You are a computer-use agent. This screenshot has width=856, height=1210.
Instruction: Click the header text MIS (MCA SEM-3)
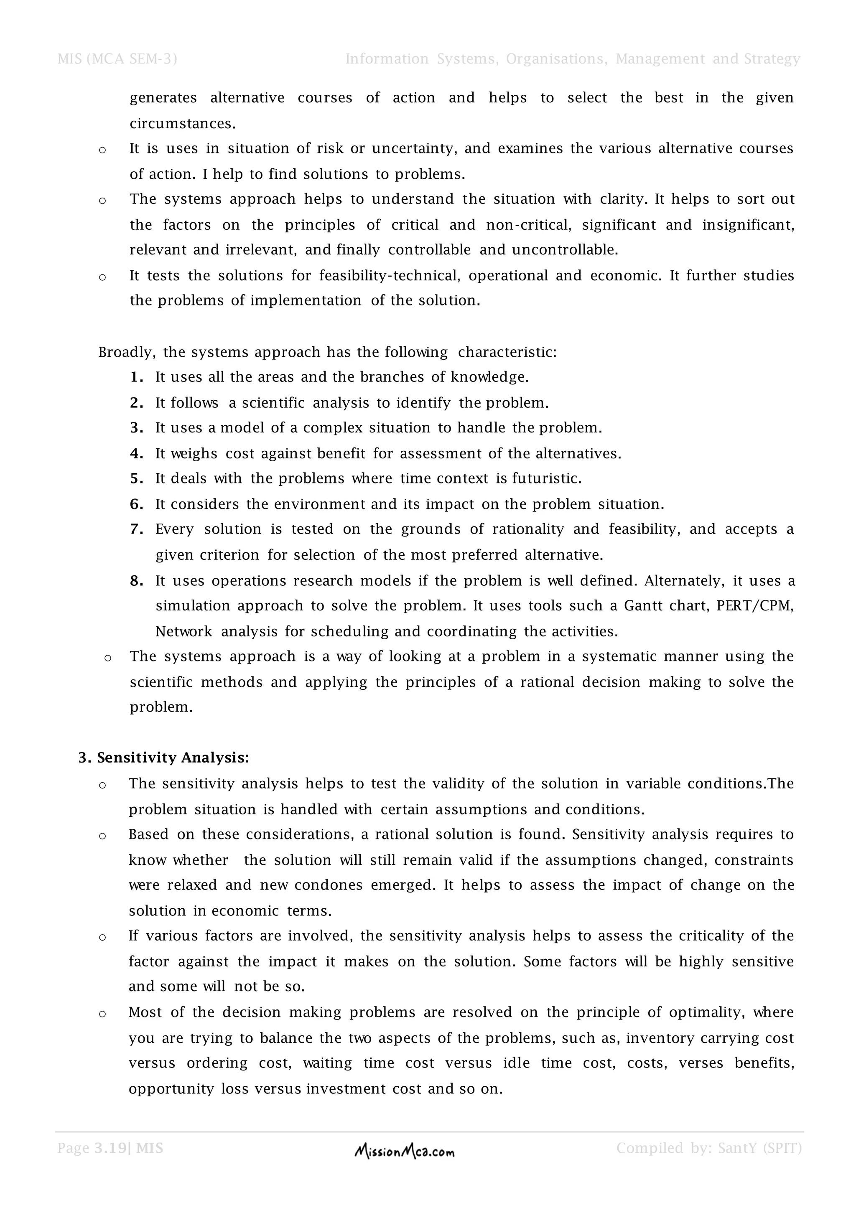coord(117,59)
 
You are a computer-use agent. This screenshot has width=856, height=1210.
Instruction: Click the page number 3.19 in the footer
coord(111,1148)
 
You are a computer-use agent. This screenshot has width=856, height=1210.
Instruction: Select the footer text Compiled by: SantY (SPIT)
coord(709,1148)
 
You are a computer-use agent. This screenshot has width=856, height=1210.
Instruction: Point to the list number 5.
coord(136,478)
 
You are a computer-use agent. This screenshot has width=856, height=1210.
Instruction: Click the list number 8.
coord(136,581)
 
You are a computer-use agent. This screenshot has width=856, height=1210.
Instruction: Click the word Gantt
coord(643,606)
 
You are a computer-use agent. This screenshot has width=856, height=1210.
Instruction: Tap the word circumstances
coord(182,124)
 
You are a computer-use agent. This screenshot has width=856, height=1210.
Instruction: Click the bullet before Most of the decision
coord(102,1014)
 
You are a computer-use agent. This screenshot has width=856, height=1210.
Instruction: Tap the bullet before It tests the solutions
coord(102,277)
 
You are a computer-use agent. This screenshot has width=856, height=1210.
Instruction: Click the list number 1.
coord(136,377)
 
